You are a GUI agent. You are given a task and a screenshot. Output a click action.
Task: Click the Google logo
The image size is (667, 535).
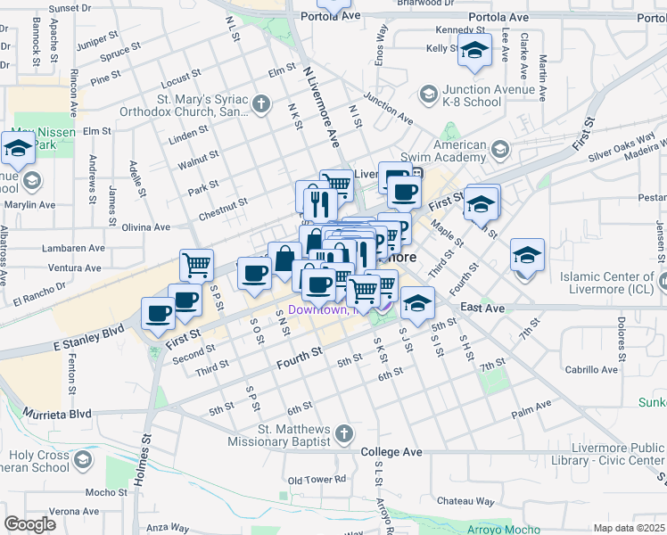(x=29, y=524)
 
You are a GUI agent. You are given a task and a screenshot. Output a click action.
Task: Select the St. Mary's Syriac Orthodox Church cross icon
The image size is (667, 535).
(x=261, y=105)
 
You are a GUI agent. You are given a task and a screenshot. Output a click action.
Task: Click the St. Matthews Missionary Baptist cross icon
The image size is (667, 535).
(x=345, y=434)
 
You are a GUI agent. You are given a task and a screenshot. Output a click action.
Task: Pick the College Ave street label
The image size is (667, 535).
(x=391, y=452)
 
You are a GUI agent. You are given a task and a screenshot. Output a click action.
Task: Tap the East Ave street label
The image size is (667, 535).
(x=483, y=308)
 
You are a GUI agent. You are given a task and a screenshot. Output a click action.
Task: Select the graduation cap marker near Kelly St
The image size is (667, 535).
(x=474, y=52)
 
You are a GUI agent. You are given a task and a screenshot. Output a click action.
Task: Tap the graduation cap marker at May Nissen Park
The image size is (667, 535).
(x=18, y=147)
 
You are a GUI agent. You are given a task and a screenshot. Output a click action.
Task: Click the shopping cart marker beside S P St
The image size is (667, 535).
(x=196, y=264)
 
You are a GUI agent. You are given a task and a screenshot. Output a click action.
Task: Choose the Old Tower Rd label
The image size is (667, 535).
(x=317, y=479)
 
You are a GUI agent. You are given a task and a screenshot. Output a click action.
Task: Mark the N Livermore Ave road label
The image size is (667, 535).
(x=322, y=110)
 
